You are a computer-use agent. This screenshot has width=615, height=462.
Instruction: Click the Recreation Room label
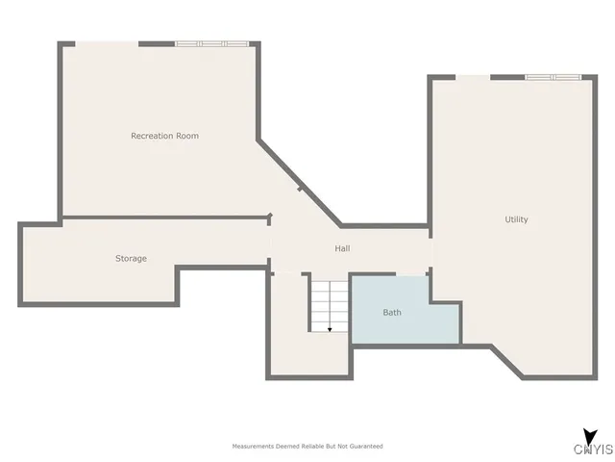click(x=164, y=136)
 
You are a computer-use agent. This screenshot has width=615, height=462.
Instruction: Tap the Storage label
click(x=131, y=258)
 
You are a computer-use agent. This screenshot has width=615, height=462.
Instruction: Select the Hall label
click(x=342, y=248)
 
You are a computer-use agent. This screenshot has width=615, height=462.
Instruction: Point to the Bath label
click(x=392, y=312)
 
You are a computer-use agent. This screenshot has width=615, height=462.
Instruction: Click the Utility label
click(x=516, y=219)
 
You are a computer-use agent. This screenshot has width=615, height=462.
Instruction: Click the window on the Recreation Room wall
click(x=211, y=43)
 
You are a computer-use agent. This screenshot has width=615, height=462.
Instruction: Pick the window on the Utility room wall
click(x=553, y=77)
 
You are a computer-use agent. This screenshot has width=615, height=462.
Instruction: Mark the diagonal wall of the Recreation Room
click(x=297, y=181)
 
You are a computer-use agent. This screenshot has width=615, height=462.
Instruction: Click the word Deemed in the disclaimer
click(x=284, y=447)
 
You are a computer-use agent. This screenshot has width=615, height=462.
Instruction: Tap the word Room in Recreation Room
click(x=187, y=136)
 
